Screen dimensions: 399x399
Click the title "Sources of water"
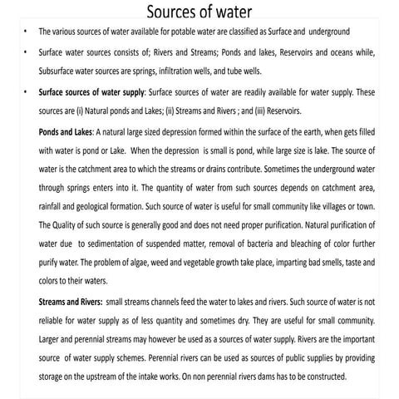coord(199,12)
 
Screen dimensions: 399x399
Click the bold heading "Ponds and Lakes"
coord(66,131)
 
